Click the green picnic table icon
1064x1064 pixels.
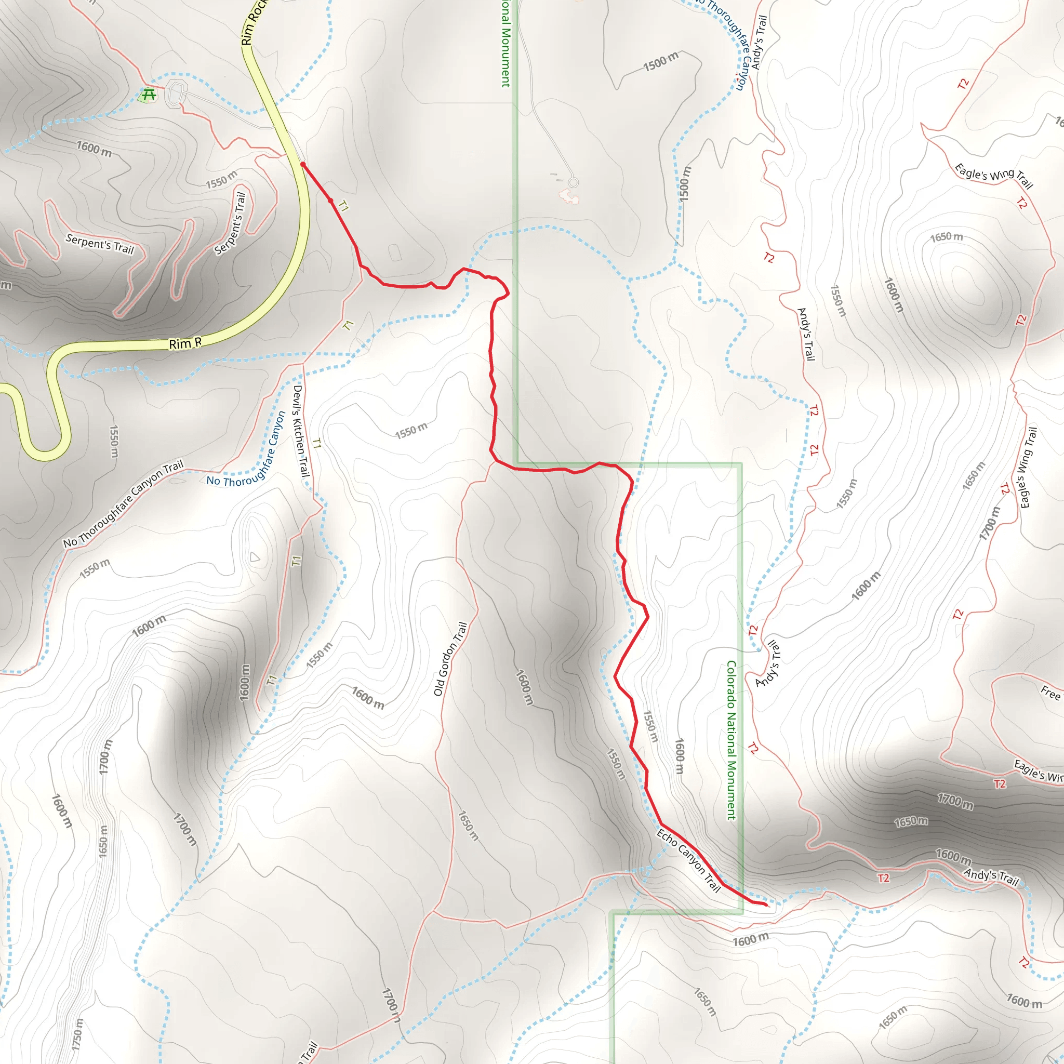(x=148, y=95)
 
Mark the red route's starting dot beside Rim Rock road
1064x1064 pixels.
(x=302, y=164)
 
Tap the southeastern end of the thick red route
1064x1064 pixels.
(x=766, y=905)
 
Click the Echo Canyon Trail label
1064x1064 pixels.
(x=688, y=860)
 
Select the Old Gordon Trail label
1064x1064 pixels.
(x=450, y=659)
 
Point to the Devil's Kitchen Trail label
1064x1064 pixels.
(x=301, y=431)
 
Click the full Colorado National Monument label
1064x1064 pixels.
(x=731, y=740)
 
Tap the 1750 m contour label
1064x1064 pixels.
(x=77, y=1034)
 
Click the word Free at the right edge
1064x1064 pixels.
(x=1050, y=693)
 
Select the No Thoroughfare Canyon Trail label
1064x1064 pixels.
(x=123, y=504)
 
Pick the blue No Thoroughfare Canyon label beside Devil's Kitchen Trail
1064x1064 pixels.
(x=246, y=450)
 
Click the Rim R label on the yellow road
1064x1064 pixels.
(x=185, y=343)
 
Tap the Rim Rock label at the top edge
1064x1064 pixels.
(x=254, y=22)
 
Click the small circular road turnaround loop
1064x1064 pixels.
(x=574, y=182)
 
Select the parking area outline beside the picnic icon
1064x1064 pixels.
(x=176, y=92)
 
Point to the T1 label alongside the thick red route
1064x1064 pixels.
(x=343, y=207)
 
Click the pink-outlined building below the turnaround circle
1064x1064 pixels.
(x=569, y=196)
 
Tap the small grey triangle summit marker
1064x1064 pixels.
(x=255, y=557)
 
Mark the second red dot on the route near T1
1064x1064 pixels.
(x=330, y=201)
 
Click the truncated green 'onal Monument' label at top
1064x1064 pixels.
(x=506, y=44)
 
